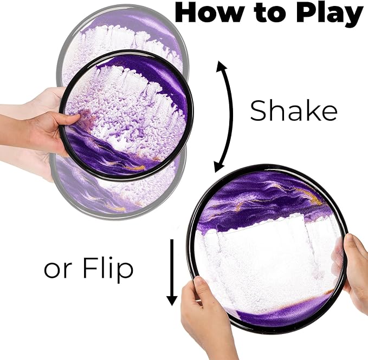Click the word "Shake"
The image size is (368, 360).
(294, 110)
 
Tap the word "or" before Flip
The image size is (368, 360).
(57, 271)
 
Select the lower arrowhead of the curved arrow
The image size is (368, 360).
(219, 167)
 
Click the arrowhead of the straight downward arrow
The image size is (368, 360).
(172, 300)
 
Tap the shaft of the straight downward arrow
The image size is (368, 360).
(172, 267)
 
